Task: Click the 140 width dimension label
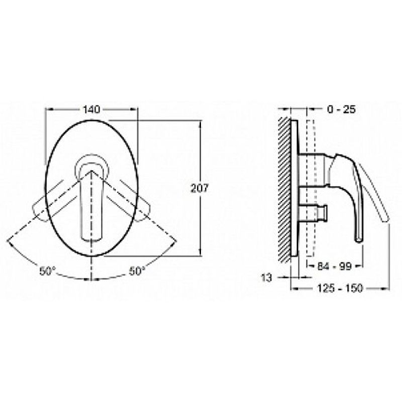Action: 92,109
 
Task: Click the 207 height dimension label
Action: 200,187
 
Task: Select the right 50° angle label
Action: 136,271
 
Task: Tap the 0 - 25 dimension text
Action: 341,109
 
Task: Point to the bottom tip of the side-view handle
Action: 358,239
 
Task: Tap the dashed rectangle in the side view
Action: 309,186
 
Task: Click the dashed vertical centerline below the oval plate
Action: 91,266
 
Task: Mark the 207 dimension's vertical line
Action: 201,151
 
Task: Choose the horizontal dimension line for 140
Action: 65,109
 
